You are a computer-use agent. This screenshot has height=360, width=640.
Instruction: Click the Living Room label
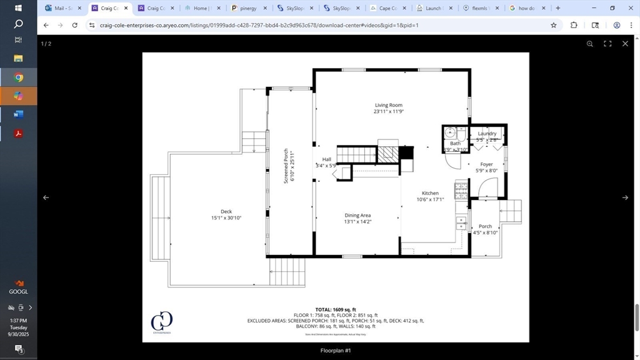(x=388, y=106)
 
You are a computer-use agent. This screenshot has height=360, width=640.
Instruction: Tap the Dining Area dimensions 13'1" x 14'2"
(x=357, y=222)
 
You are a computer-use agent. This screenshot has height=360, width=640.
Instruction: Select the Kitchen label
(x=430, y=193)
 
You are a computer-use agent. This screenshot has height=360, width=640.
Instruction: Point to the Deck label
(x=226, y=212)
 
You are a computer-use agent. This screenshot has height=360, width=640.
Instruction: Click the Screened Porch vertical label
(x=286, y=166)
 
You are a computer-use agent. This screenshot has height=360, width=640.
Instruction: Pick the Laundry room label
(x=487, y=134)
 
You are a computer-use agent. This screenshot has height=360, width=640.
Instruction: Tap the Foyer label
(x=486, y=164)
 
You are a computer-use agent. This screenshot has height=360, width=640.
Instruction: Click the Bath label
(x=455, y=144)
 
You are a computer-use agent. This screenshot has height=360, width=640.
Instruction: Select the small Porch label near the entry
(x=485, y=226)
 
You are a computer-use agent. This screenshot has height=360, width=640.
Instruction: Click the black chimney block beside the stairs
(x=406, y=152)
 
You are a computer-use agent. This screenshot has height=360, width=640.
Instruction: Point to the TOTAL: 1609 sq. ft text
(x=336, y=309)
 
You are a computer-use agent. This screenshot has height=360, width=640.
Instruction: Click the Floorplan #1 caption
(x=336, y=351)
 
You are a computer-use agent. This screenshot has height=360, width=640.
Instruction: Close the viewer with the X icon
(x=625, y=44)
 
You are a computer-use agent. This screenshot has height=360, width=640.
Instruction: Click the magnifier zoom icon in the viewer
(x=589, y=44)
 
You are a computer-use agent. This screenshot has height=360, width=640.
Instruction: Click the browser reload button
(x=75, y=25)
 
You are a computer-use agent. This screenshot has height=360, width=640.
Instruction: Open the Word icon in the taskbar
(x=18, y=114)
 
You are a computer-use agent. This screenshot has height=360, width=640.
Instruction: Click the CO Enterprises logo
(x=161, y=322)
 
